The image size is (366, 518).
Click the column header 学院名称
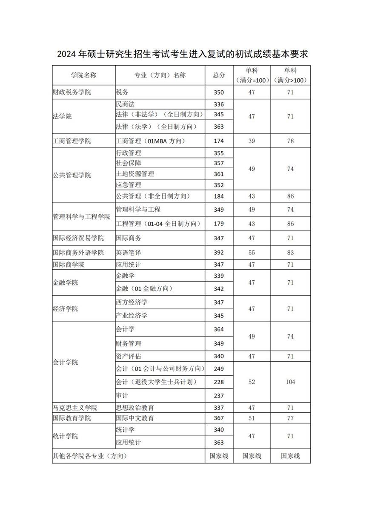(x=83, y=75)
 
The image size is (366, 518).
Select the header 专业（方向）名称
(x=160, y=75)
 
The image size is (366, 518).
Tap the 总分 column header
(x=219, y=75)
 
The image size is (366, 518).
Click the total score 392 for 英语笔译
(x=219, y=253)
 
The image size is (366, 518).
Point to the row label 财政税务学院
(x=72, y=92)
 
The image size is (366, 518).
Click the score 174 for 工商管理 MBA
(x=219, y=141)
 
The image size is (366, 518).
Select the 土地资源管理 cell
(x=135, y=174)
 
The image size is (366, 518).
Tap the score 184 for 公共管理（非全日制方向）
(x=219, y=196)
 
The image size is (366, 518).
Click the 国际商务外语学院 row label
(x=78, y=253)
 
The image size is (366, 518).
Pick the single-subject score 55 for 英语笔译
(x=252, y=253)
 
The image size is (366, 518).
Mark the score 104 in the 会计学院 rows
(x=290, y=382)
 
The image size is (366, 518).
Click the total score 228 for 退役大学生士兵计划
(x=219, y=382)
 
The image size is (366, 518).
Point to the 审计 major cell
(x=122, y=396)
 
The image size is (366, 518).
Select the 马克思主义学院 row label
(x=75, y=408)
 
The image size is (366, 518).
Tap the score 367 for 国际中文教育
(x=219, y=418)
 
